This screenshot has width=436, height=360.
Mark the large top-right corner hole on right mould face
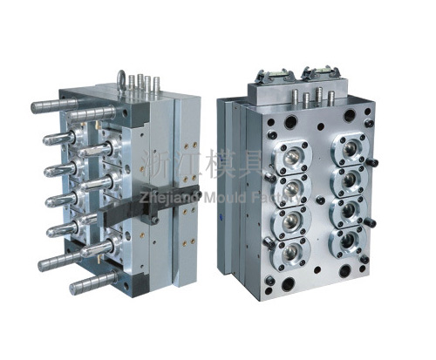pyautogui.click(x=380, y=112)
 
